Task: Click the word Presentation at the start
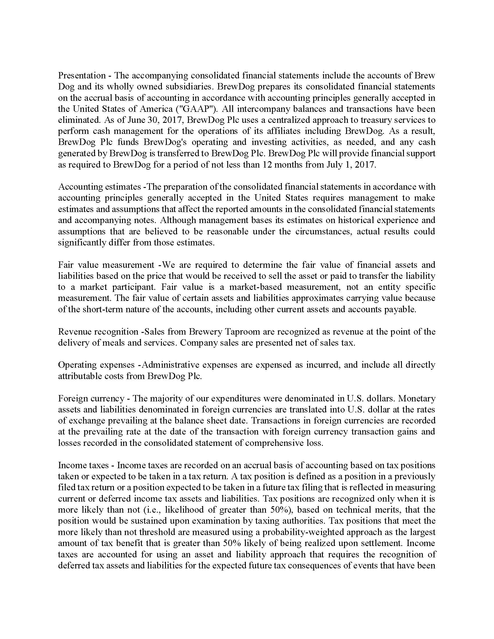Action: pos(82,76)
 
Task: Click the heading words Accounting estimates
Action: pos(99,186)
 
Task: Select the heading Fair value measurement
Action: pos(106,265)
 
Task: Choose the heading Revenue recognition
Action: pos(98,331)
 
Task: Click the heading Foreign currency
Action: pos(91,398)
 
